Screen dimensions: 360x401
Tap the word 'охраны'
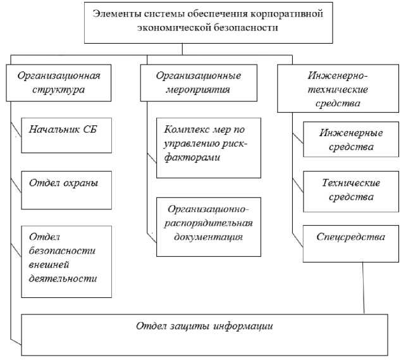[78, 183]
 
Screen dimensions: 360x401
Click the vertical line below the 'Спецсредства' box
[363, 288]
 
